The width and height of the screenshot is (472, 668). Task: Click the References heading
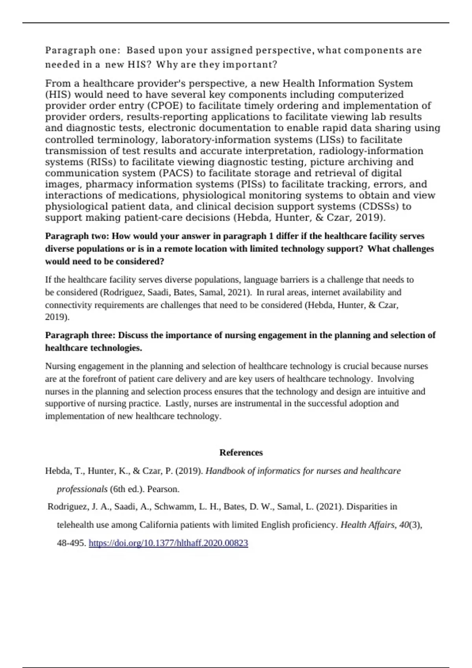point(241,453)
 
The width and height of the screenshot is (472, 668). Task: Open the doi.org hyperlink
point(168,543)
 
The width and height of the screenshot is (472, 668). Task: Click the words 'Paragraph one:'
point(81,50)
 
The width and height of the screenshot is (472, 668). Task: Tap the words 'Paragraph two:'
point(77,236)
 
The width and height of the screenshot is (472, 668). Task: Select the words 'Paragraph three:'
point(81,335)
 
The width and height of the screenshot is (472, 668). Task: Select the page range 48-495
point(71,543)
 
